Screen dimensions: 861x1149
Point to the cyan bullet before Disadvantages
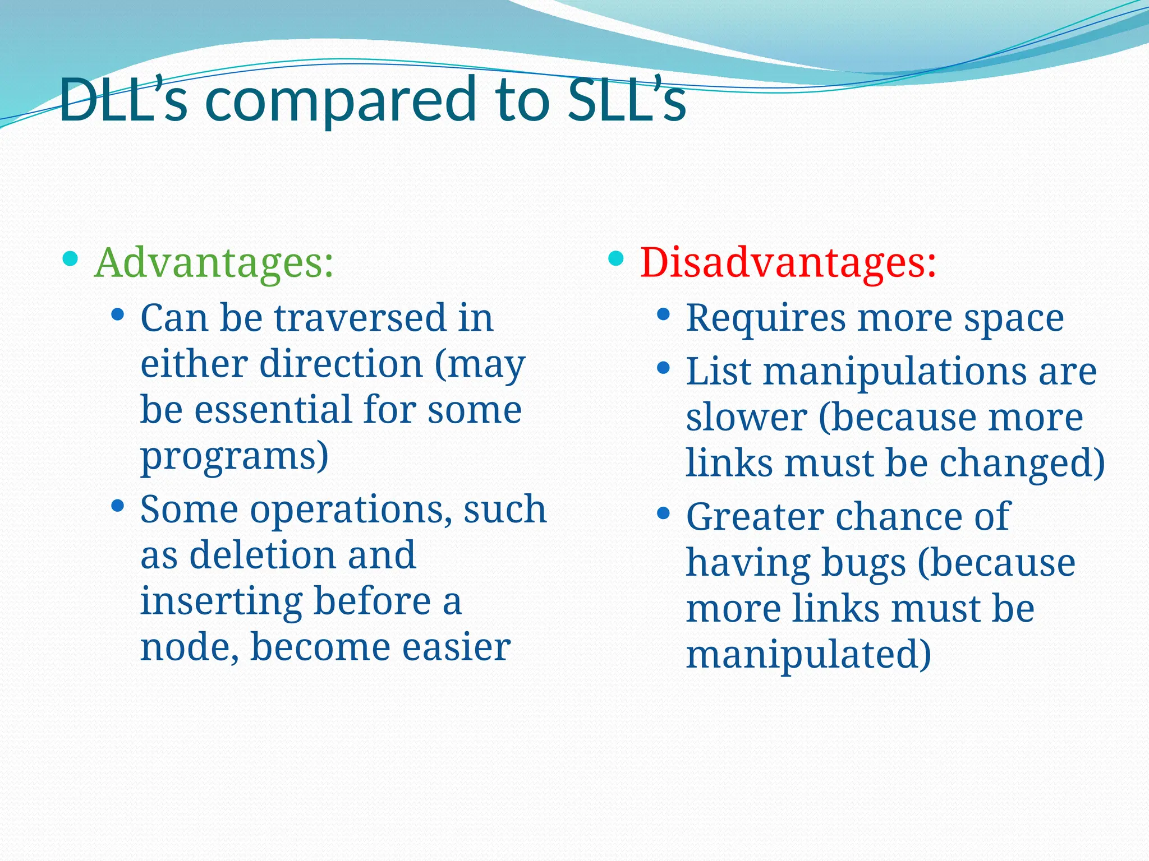(x=615, y=258)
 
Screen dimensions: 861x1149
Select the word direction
(x=341, y=364)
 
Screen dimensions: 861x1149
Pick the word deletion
(x=263, y=556)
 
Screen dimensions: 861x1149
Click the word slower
(x=746, y=418)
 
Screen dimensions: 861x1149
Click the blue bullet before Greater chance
(x=663, y=513)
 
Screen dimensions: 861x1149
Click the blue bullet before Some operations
(x=117, y=506)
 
